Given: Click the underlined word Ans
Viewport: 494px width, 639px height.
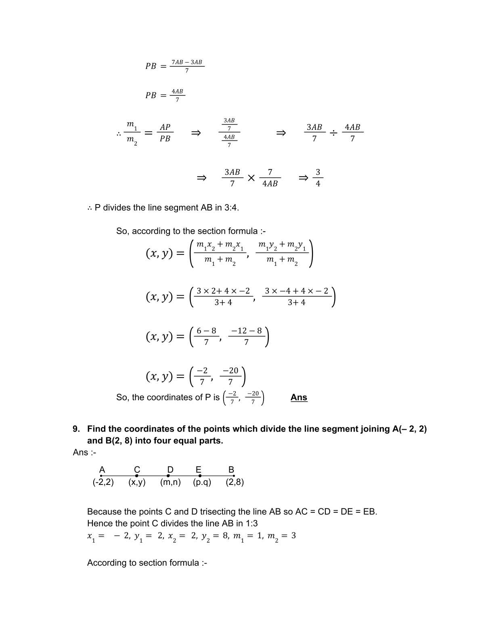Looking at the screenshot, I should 299,397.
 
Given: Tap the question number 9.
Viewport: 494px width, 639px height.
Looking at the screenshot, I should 76,429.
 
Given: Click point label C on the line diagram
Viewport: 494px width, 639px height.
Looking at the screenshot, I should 137,470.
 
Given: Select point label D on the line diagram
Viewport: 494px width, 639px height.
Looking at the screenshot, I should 170,470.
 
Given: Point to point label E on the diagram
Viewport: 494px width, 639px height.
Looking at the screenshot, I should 199,470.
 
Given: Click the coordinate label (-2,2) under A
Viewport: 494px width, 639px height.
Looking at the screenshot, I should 103,482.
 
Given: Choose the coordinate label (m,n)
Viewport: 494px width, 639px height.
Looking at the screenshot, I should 170,482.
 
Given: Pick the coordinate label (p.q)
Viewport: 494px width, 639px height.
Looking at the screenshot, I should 202,482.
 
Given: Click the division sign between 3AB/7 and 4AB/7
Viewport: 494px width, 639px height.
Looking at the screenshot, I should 333,133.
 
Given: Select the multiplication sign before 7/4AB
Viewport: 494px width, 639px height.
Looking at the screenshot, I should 251,178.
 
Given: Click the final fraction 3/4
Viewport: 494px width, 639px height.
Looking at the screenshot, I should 318,177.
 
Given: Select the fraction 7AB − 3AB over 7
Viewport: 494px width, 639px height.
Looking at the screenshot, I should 186,66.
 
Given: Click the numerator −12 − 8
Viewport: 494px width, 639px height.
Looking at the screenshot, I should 246,331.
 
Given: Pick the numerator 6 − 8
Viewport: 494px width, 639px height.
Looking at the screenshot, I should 206,331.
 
